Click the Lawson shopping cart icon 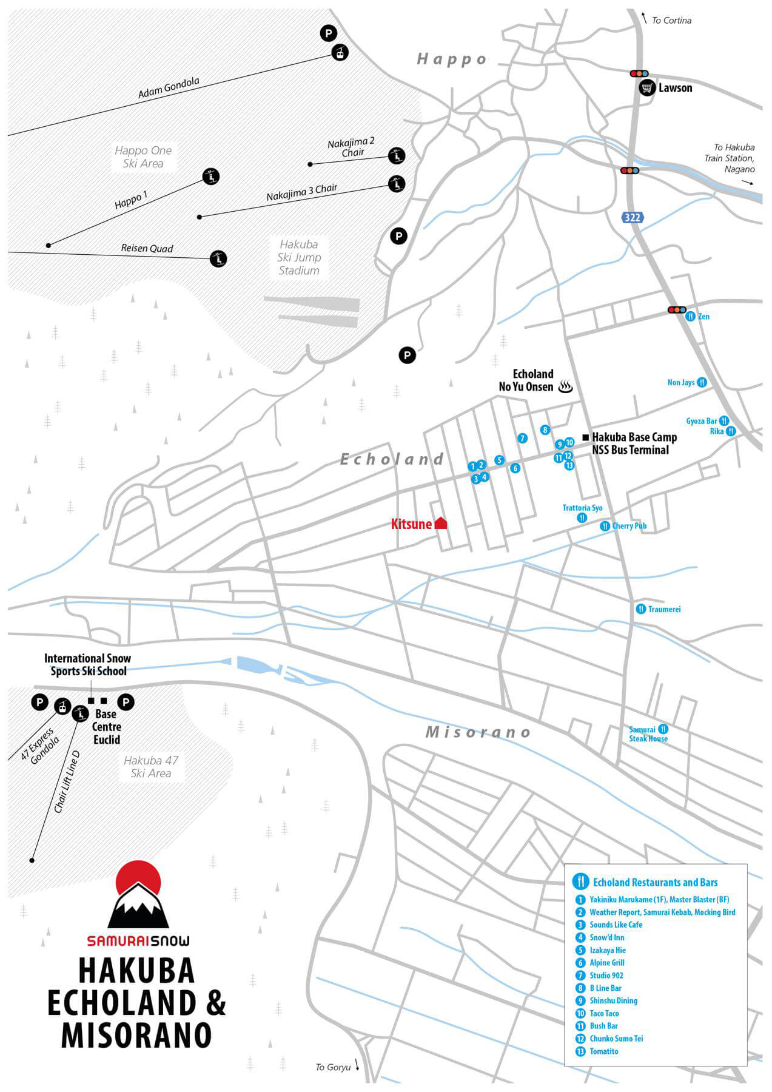(647, 88)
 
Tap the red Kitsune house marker (441, 522)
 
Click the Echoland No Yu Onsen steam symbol (566, 386)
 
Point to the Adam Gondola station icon (340, 53)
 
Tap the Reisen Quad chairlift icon (218, 258)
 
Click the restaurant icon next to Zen (690, 316)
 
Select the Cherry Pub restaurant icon (605, 526)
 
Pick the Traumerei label (664, 609)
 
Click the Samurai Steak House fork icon (663, 729)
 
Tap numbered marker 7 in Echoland (523, 438)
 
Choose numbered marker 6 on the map (515, 468)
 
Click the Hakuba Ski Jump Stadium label (299, 257)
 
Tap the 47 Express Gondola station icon (61, 706)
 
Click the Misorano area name (478, 732)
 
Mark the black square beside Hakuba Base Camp (585, 437)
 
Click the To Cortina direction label (671, 21)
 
